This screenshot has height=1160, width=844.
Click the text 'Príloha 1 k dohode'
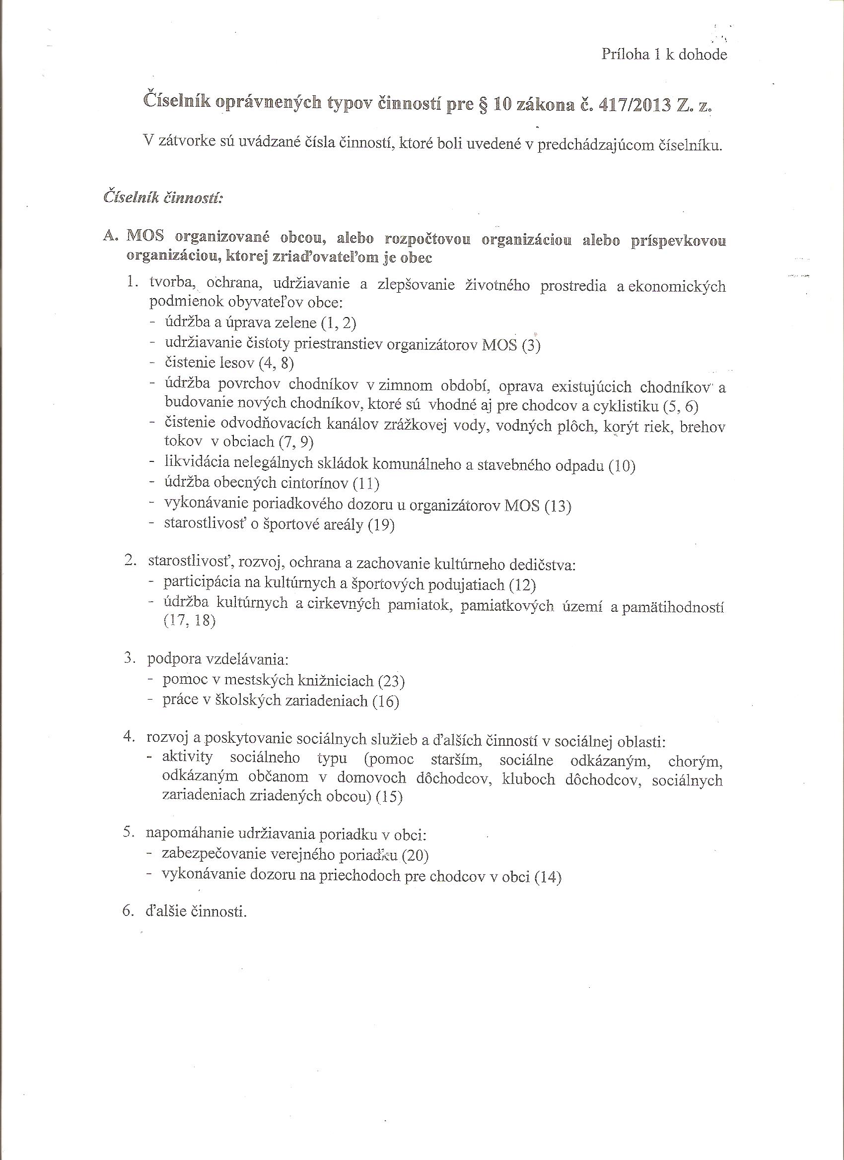pos(664,55)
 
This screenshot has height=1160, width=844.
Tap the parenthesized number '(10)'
pos(622,466)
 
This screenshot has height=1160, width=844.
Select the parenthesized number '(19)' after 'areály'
pos(381,525)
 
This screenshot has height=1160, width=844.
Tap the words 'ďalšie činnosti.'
pos(196,911)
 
